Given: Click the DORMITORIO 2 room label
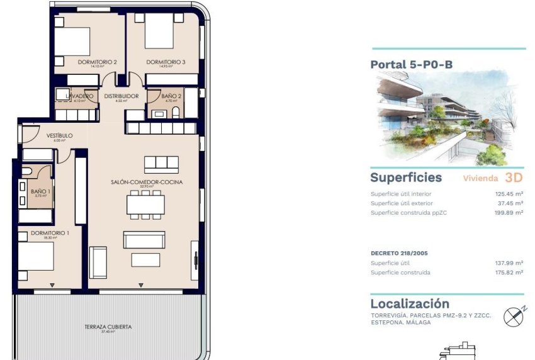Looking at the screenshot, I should (x=98, y=62).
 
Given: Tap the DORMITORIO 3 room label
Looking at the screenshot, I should (x=166, y=62).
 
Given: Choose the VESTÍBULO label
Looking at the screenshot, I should (x=60, y=135).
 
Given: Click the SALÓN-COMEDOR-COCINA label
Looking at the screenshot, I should (x=146, y=182).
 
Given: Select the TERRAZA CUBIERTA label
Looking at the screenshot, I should (x=108, y=327).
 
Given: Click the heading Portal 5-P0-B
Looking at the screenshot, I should (x=411, y=64).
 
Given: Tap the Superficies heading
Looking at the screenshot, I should (x=406, y=177).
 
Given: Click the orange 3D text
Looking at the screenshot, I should (x=514, y=177).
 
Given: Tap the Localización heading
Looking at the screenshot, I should (x=410, y=303).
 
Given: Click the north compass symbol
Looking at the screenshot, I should (x=513, y=316).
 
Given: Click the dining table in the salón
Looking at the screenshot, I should (x=146, y=205).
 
